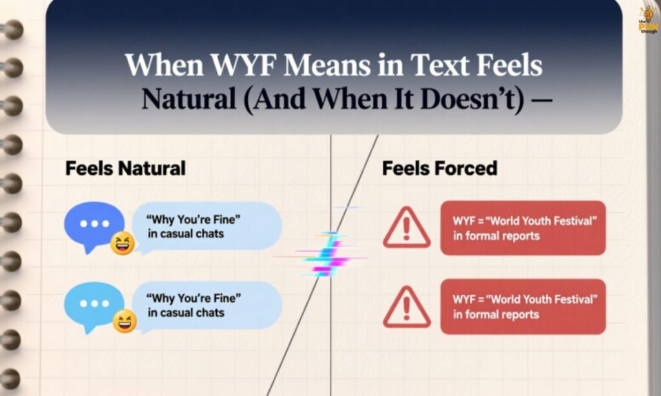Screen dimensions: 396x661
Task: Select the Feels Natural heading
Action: pyautogui.click(x=125, y=169)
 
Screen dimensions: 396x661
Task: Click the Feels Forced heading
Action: pyautogui.click(x=440, y=169)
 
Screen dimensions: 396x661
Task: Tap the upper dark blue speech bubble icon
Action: pyautogui.click(x=94, y=223)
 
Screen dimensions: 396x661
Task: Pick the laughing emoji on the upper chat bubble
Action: pyautogui.click(x=121, y=243)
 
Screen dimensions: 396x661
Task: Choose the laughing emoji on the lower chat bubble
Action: pyautogui.click(x=124, y=321)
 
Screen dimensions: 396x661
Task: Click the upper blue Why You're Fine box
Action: pyautogui.click(x=206, y=226)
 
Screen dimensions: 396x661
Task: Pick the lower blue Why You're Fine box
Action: pyautogui.click(x=206, y=305)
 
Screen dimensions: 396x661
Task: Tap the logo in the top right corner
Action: pyautogui.click(x=647, y=19)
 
